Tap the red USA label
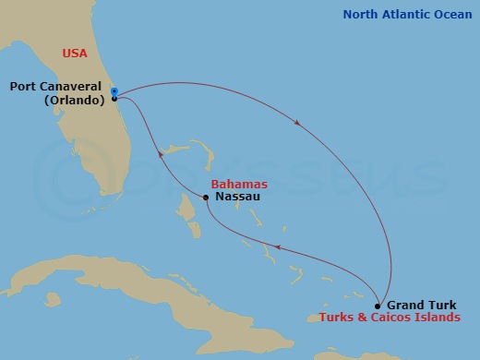click(75, 54)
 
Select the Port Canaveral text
click(55, 87)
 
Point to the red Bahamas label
click(233, 185)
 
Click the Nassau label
click(235, 197)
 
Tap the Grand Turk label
click(419, 305)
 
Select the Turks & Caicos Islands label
click(389, 318)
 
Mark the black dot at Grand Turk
click(378, 306)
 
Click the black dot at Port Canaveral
click(114, 98)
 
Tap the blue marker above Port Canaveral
click(114, 90)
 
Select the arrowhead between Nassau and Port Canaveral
click(161, 155)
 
